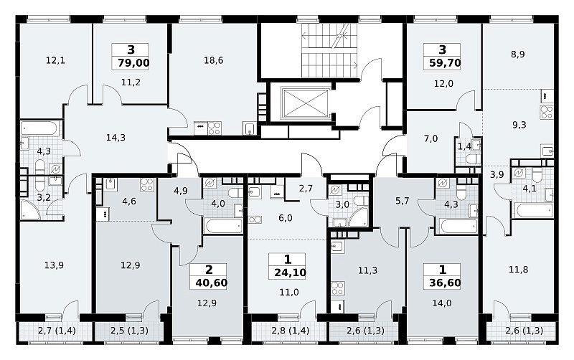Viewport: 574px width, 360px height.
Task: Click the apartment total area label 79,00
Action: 133,63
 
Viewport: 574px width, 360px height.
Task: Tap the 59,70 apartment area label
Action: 445,63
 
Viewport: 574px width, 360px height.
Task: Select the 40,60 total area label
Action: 211,283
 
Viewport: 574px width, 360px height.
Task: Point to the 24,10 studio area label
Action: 290,273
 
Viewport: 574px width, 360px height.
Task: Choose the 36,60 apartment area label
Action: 445,283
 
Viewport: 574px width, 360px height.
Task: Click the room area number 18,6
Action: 213,60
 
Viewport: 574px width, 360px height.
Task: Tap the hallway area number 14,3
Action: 116,138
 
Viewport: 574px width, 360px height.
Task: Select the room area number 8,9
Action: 518,55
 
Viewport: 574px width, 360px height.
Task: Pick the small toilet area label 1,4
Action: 464,147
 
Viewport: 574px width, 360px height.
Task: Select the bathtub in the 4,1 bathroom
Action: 534,211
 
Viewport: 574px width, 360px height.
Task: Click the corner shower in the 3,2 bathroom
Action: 30,210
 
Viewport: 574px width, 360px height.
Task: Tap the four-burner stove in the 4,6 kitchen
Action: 146,185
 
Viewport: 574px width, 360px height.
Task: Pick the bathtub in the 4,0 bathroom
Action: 223,226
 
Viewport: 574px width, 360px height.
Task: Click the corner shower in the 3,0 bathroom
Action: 358,218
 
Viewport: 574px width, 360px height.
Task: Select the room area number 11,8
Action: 518,270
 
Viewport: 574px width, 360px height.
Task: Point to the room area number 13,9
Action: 54,265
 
